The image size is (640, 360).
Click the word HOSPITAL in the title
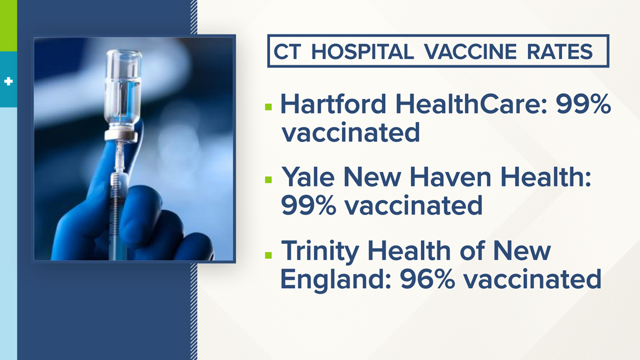coord(363,52)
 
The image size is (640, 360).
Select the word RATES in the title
coord(560,52)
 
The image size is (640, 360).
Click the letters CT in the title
coord(287,52)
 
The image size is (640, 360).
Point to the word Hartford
coord(333,104)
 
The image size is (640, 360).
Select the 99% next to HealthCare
coord(583,104)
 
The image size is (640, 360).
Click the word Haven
coord(450,177)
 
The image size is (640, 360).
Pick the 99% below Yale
coord(308,206)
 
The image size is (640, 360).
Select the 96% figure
coord(427,279)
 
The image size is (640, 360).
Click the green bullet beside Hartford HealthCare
coord(268,107)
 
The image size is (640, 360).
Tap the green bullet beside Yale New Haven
coord(268,180)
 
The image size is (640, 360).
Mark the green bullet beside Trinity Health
coord(268,256)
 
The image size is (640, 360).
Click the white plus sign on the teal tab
coord(8,81)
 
